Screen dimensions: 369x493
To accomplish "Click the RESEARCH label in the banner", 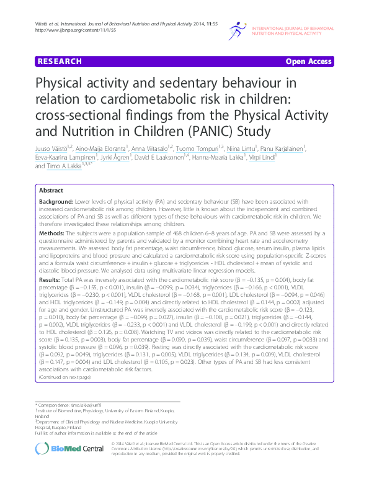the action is click(x=60, y=61).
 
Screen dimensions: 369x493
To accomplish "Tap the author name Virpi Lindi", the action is click(x=301, y=157).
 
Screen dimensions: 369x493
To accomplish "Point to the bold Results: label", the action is click(x=53, y=280).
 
